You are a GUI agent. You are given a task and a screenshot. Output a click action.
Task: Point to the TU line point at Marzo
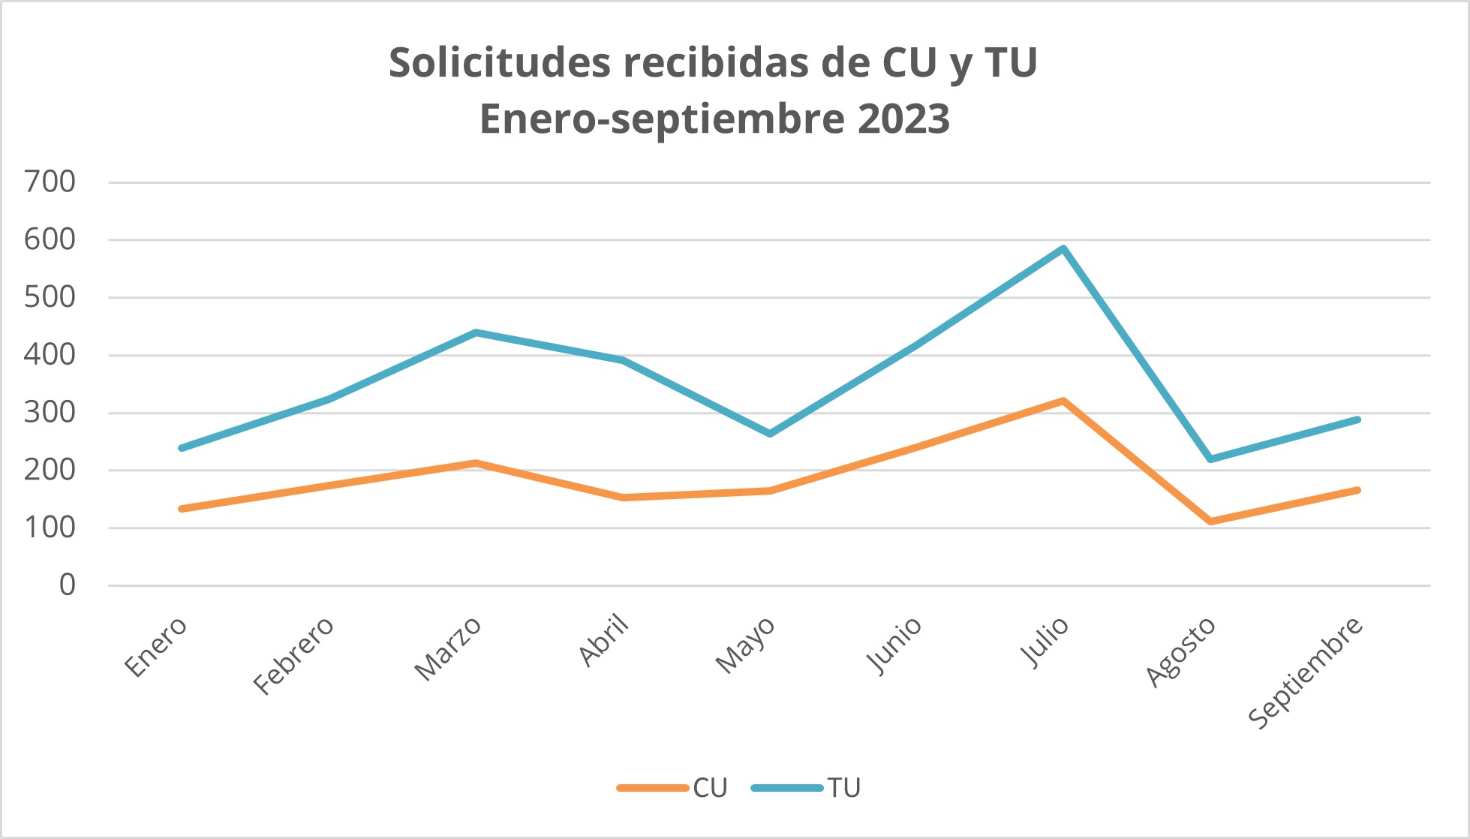(476, 332)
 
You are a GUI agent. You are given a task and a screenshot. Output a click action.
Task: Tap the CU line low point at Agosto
(1210, 521)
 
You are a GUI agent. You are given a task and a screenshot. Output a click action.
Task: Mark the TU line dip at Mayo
(770, 434)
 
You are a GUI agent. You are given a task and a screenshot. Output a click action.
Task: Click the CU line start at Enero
(182, 509)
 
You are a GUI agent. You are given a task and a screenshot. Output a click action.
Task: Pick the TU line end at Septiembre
(1357, 419)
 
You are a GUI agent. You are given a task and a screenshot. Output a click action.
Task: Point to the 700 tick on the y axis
(50, 182)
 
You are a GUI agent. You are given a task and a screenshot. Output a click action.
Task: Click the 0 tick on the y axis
(67, 585)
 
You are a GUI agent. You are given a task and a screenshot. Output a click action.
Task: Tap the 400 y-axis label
(50, 355)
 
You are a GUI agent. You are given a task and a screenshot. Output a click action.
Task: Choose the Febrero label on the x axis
(293, 655)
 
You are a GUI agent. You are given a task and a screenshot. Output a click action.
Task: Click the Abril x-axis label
(604, 639)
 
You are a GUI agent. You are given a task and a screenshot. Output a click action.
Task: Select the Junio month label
(894, 645)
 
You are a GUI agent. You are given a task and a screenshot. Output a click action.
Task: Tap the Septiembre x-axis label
(1306, 672)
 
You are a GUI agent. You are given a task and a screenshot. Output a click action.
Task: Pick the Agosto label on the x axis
(1180, 651)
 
